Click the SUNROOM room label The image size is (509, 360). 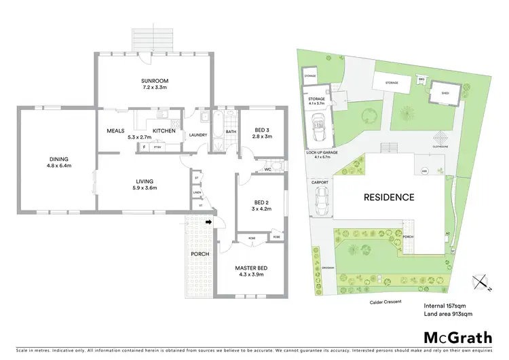[x=154, y=81]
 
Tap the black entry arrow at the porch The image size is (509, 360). [x=209, y=221]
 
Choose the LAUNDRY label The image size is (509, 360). [x=198, y=134]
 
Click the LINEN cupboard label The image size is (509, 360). [x=197, y=192]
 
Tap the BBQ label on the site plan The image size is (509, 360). [x=421, y=79]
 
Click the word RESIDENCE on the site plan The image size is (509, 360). [x=388, y=198]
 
